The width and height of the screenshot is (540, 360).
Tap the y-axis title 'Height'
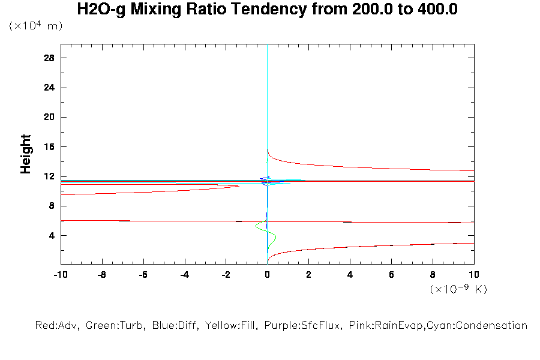[x=26, y=154]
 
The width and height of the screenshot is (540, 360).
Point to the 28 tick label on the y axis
[x=49, y=58]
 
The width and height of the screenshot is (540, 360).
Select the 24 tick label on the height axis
[x=49, y=88]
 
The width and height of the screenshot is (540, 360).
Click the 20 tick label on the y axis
[x=49, y=117]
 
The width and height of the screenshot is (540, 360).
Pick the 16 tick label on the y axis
[x=49, y=147]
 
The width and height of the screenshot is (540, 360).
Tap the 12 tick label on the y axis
[x=49, y=176]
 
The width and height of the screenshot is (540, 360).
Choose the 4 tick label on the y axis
[x=52, y=235]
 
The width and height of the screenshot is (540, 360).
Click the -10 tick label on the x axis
[x=60, y=275]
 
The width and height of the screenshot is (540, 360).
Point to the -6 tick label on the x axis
[x=143, y=275]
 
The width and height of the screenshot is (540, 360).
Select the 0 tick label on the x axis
[x=268, y=275]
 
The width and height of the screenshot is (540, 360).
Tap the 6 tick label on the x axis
[x=392, y=275]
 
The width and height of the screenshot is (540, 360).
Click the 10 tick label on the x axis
[x=474, y=275]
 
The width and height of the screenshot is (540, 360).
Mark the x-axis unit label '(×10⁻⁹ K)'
[x=458, y=289]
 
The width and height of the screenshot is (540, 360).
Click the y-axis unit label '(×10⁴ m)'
[x=35, y=26]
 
